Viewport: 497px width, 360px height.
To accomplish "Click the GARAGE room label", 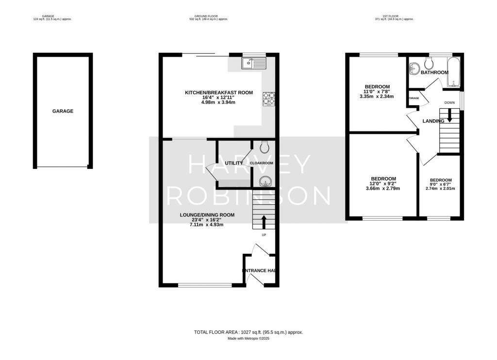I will click(x=63, y=111).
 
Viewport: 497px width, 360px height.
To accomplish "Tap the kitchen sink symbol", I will click(x=253, y=63).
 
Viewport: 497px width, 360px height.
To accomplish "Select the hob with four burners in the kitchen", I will click(x=268, y=98).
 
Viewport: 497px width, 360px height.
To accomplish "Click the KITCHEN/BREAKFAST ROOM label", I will click(x=218, y=93).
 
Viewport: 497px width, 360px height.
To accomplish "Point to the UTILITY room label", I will click(x=233, y=164).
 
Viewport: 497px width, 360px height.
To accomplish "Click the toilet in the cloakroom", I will click(x=265, y=147).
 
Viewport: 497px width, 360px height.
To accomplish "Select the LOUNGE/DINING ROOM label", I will click(x=207, y=215).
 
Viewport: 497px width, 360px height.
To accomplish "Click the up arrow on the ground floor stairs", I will click(x=264, y=222).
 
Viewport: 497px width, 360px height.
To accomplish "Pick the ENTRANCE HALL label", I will click(x=259, y=271).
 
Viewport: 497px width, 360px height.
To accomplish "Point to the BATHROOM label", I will click(x=434, y=73).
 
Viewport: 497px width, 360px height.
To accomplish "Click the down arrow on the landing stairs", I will click(x=450, y=115).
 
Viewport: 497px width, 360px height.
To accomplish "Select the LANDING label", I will click(x=433, y=121).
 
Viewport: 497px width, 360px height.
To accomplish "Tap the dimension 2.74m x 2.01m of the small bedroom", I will click(x=440, y=188).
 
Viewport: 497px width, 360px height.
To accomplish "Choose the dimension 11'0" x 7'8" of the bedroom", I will click(x=377, y=91).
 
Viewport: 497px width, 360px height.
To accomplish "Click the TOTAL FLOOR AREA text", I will click(x=248, y=332).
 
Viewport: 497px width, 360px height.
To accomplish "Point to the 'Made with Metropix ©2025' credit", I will click(x=248, y=339).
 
